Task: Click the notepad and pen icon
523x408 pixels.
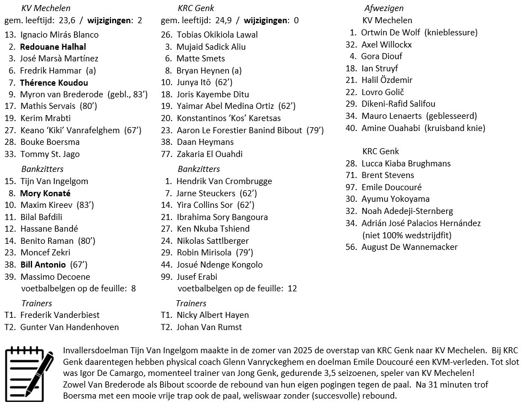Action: [29, 371]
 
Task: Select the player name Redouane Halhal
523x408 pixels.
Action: [53, 46]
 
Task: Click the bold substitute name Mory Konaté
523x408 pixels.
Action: [45, 193]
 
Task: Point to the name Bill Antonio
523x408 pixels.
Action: [43, 265]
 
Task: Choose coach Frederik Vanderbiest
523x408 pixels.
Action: [60, 315]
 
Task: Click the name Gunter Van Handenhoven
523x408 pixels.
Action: [69, 327]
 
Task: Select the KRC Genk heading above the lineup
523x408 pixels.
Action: [196, 8]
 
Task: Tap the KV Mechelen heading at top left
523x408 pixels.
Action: [45, 8]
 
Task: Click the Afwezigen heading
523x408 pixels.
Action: [384, 8]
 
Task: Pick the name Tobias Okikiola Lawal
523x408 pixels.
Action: [217, 34]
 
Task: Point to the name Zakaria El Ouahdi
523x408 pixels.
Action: [210, 154]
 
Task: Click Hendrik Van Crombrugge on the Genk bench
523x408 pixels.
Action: [224, 181]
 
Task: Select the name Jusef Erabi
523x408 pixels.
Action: [197, 276]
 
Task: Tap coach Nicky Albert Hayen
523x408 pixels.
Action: [212, 315]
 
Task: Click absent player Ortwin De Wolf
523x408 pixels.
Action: [390, 32]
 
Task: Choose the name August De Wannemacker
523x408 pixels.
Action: [409, 247]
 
